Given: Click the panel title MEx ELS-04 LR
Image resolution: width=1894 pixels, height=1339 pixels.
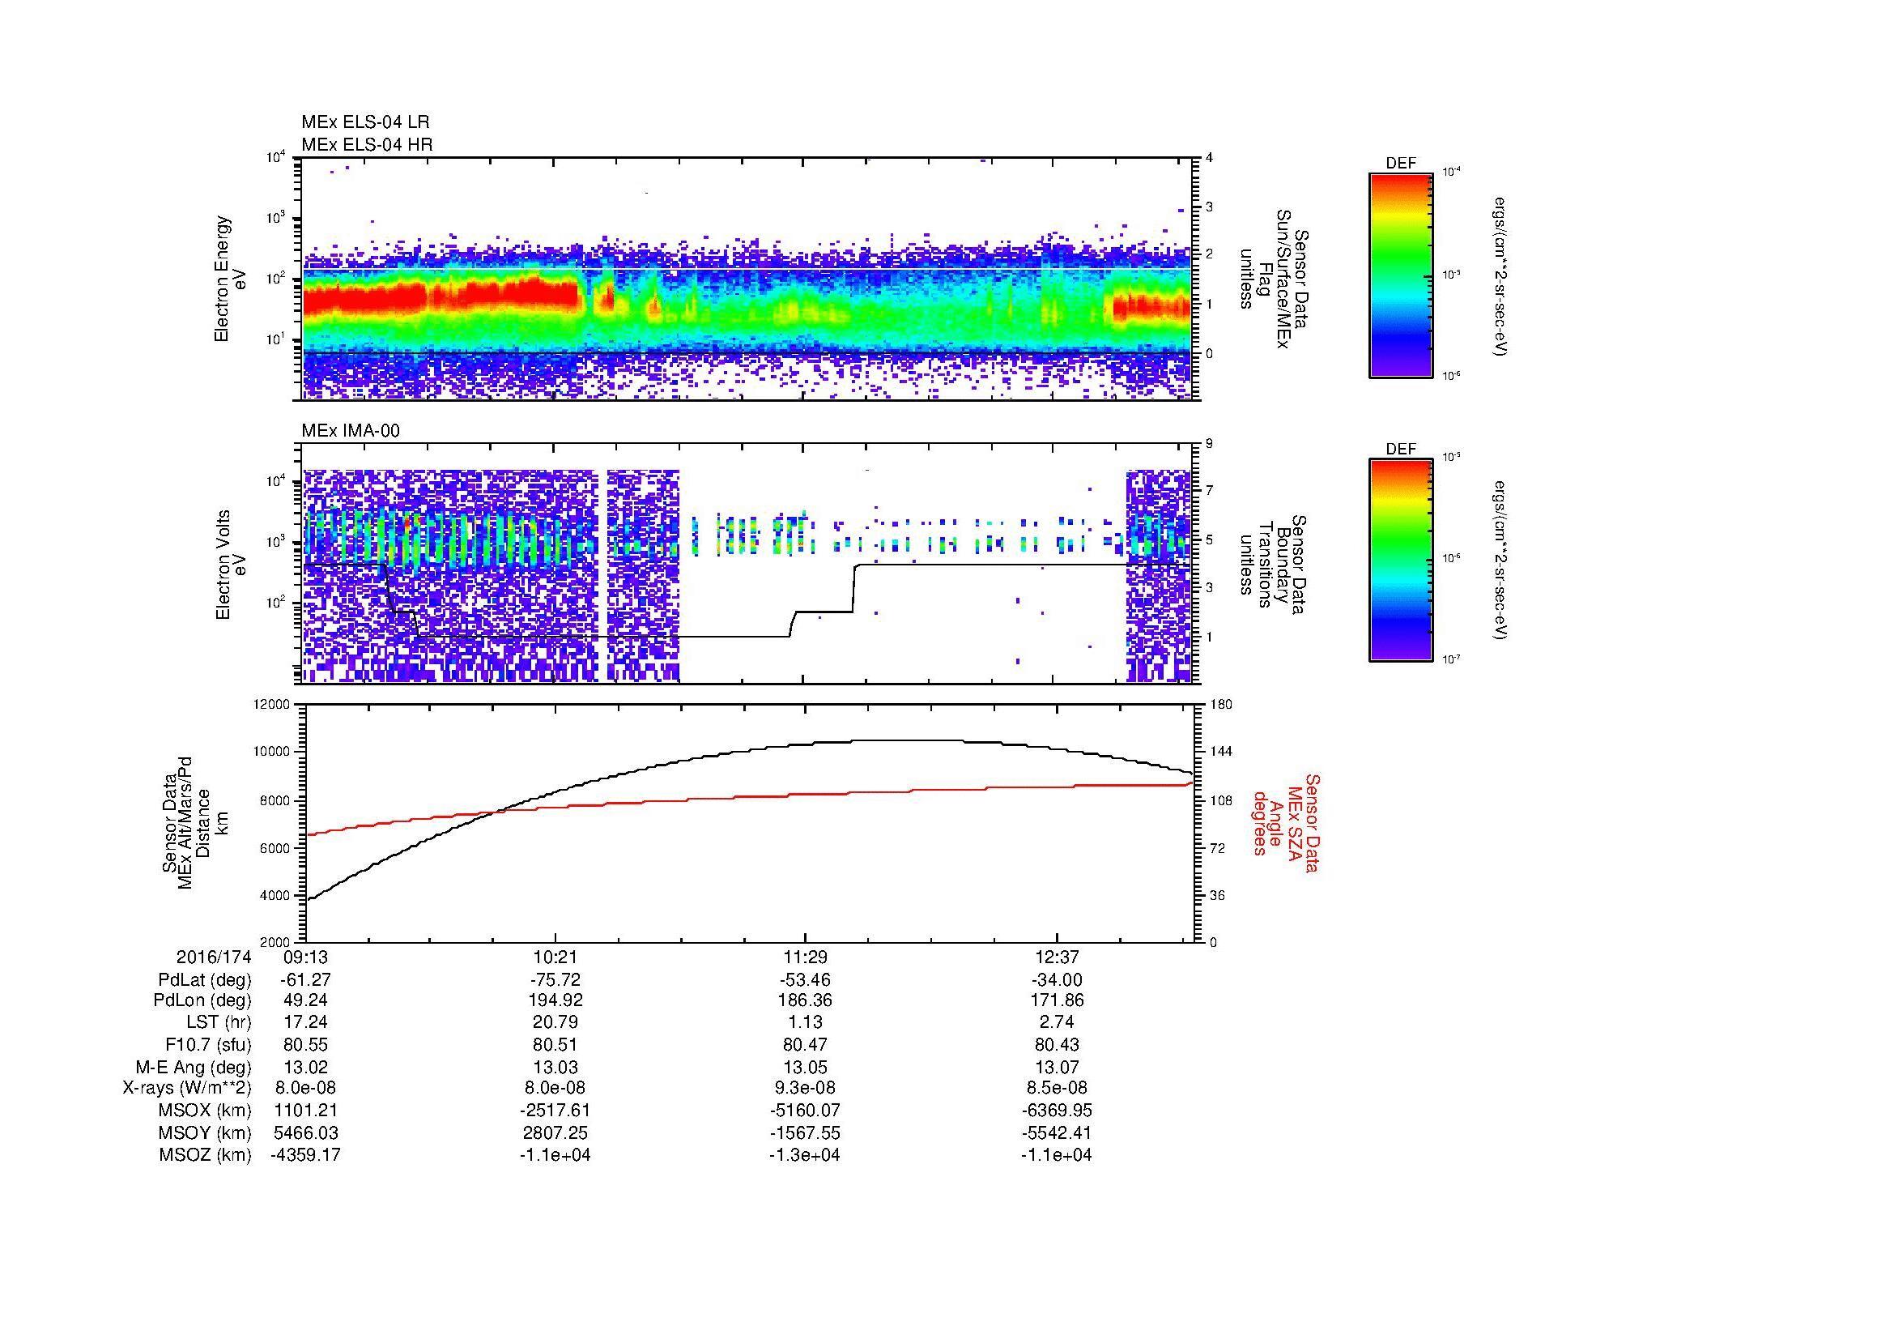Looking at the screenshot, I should click(364, 122).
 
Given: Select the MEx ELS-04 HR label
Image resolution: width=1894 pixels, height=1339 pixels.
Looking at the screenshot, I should click(366, 144).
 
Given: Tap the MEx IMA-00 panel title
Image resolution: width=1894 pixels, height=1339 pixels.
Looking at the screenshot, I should click(351, 431).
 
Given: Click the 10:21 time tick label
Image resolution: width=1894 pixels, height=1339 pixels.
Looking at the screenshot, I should click(555, 957).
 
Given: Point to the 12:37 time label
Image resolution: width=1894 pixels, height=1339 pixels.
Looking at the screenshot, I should click(1057, 957).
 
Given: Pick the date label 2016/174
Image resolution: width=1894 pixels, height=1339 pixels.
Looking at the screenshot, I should click(213, 957).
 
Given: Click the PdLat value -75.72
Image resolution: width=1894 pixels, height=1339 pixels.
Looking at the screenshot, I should click(555, 980).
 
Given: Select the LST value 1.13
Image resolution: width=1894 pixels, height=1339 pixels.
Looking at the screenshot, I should click(805, 1023).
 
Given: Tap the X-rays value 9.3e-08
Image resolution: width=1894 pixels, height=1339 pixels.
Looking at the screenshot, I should click(805, 1088).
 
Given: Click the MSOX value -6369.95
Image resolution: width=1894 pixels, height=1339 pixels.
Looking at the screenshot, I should click(1057, 1111).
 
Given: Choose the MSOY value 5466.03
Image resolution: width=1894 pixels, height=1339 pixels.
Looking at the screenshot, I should click(305, 1132).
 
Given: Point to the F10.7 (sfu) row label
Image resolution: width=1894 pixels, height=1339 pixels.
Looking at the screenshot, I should click(208, 1044).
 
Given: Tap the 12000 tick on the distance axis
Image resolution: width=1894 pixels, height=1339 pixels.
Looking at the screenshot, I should click(272, 705).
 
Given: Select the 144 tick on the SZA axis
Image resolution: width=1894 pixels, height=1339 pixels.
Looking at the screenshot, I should click(1220, 752).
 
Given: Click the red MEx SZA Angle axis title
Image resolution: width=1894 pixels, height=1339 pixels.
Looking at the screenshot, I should click(1286, 822).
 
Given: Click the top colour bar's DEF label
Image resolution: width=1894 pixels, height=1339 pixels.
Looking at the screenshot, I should click(1400, 164).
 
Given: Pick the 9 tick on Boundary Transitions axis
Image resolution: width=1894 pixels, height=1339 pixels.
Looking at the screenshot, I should click(1209, 444).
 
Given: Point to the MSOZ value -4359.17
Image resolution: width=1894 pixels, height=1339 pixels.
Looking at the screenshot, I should click(305, 1155).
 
